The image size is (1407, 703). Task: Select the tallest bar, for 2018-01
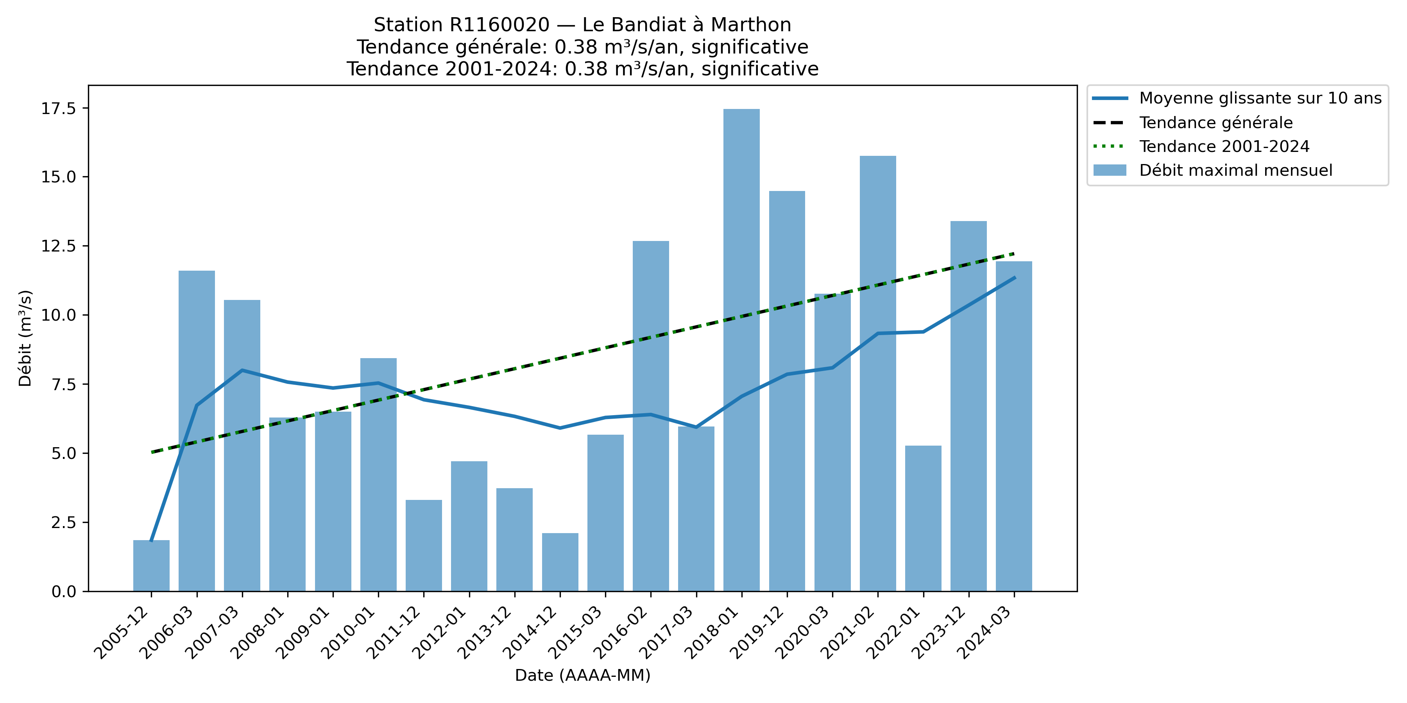click(x=741, y=349)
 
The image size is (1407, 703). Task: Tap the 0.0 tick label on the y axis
click(x=63, y=592)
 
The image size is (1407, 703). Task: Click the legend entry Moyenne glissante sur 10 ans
click(x=1260, y=98)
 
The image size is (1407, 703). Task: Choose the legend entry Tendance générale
click(x=1216, y=123)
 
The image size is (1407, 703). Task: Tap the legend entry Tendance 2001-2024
click(x=1224, y=146)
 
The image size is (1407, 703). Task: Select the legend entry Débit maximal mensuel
click(x=1235, y=170)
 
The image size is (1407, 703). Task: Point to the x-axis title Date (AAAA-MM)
click(x=582, y=676)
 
